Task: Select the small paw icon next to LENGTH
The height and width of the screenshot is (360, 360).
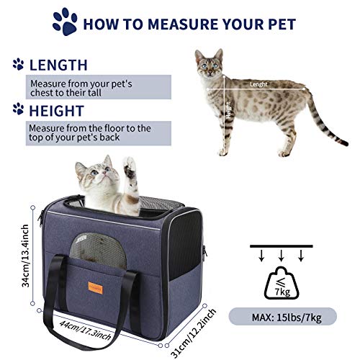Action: coord(18,65)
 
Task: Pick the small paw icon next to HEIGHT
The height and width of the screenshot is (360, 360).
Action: coord(18,110)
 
